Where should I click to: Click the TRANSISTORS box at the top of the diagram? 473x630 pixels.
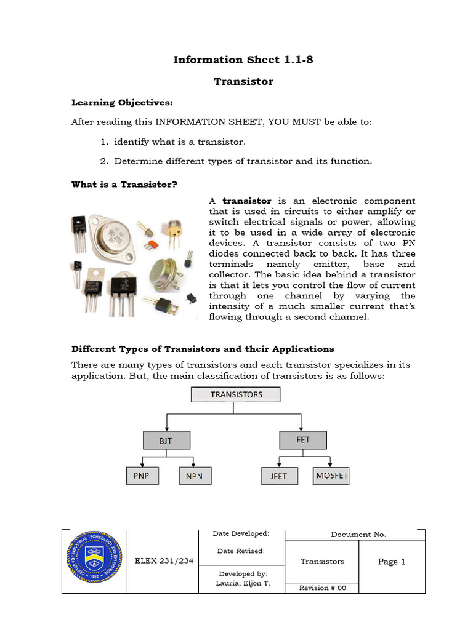point(236,394)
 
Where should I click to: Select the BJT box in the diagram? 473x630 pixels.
point(166,441)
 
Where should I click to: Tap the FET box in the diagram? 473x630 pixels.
point(303,440)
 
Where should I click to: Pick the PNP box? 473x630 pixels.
point(142,476)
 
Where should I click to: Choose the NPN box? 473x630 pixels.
point(195,476)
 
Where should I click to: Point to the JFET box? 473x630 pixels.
point(279,476)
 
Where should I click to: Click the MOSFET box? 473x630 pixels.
point(331,476)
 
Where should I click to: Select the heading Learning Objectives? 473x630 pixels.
point(123,102)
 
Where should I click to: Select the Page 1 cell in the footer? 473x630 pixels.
point(392,561)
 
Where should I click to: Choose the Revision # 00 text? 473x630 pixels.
point(323,588)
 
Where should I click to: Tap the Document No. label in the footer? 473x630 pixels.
point(358,535)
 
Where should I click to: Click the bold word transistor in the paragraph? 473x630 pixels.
point(246,201)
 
